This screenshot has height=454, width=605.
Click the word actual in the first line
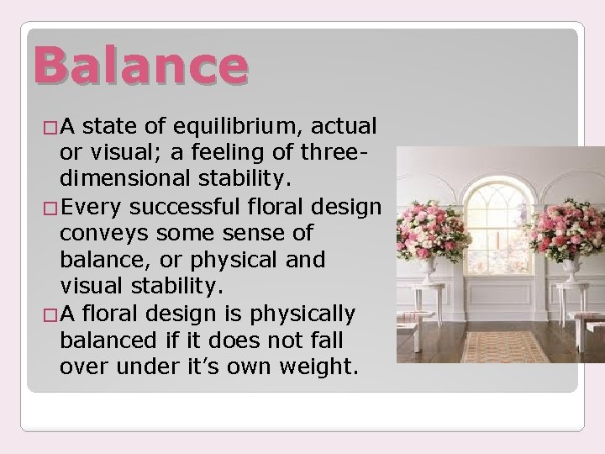pos(345,127)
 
